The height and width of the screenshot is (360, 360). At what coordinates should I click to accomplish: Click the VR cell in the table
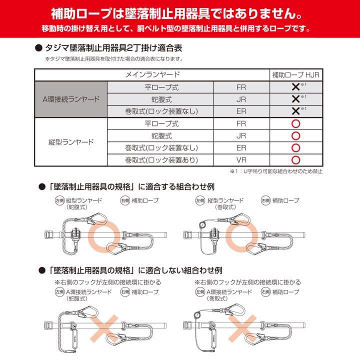241,160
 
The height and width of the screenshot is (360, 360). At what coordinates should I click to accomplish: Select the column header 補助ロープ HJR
295,74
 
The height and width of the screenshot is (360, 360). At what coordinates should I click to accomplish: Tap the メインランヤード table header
152,74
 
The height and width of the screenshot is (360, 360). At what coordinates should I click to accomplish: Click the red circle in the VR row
295,160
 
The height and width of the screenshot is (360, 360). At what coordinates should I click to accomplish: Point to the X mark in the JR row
295,99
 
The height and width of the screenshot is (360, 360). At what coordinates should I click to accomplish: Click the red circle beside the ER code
295,148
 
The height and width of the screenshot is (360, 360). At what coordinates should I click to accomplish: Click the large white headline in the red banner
180,11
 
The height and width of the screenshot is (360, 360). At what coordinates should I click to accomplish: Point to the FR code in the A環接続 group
241,86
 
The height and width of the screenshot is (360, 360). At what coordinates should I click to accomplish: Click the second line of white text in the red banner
180,26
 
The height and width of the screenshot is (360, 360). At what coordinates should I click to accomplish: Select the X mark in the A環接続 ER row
295,111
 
